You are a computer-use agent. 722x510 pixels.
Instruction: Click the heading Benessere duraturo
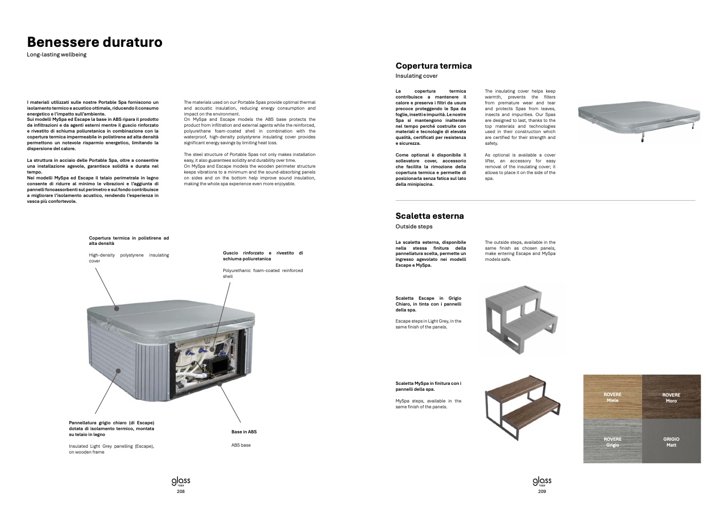tap(95, 42)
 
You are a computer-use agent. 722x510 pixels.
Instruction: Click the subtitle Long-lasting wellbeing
tap(56, 55)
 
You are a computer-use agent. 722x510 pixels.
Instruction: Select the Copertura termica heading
tap(433, 66)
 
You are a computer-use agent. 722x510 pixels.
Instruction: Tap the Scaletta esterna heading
tap(429, 216)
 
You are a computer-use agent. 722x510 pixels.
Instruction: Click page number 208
tap(181, 491)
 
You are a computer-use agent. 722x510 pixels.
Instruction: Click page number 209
tap(542, 491)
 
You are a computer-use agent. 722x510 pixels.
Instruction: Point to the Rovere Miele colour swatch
tap(612, 397)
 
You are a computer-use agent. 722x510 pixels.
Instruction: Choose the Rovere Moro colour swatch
tap(671, 397)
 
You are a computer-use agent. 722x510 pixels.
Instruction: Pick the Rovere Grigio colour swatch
tap(612, 441)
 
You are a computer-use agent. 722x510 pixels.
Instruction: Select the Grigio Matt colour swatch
tap(671, 441)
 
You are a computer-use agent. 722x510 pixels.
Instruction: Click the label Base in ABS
tap(244, 432)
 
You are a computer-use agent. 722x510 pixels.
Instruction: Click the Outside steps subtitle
tap(413, 227)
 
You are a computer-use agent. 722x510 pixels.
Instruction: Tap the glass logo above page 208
tap(181, 481)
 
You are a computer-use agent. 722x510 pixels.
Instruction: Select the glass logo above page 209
tap(542, 481)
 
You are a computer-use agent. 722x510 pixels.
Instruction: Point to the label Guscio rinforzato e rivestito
tap(263, 256)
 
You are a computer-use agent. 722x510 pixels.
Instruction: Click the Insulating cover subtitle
tap(416, 76)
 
